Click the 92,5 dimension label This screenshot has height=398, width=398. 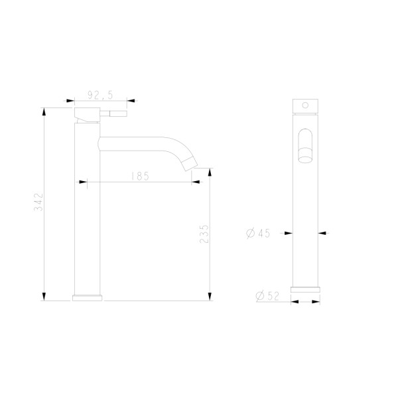point(100,95)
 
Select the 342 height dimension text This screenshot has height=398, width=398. point(39,202)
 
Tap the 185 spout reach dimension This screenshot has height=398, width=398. point(140,176)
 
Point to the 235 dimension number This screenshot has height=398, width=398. point(204,233)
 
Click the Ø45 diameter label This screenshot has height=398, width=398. point(258,233)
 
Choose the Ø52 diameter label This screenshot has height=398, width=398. point(267,296)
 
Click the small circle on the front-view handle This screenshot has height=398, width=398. point(305,105)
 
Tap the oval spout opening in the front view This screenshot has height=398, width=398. point(305,145)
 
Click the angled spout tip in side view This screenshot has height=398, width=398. point(191,164)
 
